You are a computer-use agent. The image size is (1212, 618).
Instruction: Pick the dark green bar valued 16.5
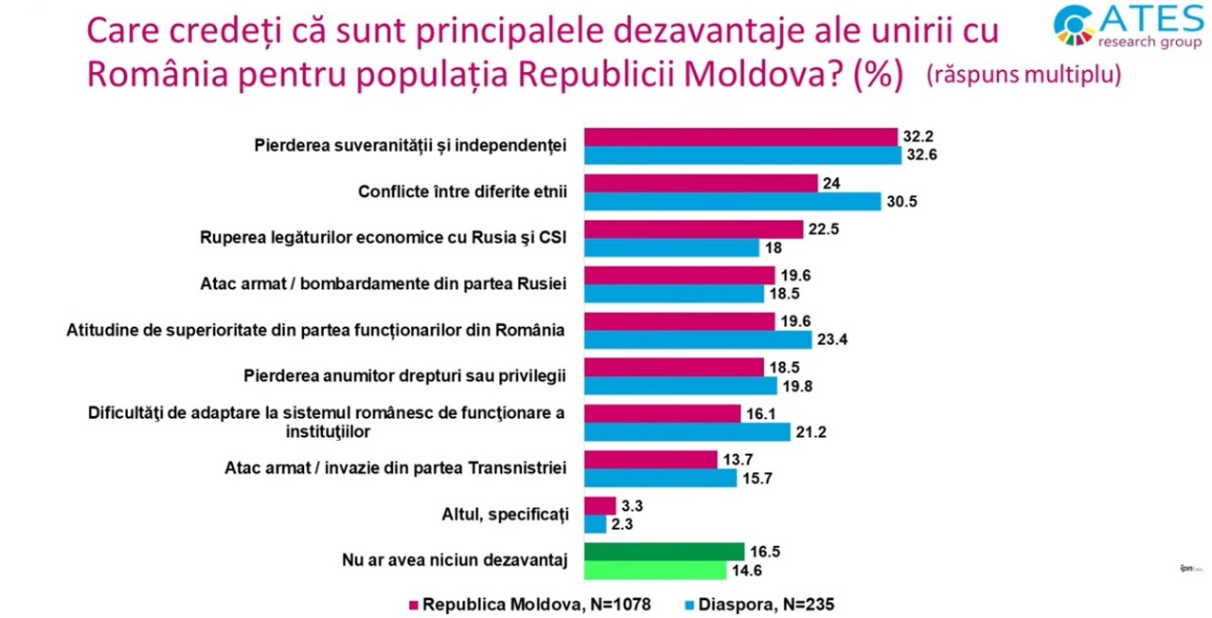pyautogui.click(x=664, y=552)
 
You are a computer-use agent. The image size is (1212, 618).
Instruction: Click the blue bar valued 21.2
pyautogui.click(x=686, y=431)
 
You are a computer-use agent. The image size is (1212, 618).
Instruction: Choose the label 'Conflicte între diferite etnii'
pyautogui.click(x=462, y=192)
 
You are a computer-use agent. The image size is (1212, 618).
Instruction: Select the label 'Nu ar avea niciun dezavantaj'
pyautogui.click(x=454, y=561)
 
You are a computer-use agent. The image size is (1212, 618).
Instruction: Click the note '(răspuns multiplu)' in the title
pyautogui.click(x=1024, y=75)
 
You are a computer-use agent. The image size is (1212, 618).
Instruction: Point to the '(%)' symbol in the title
pyautogui.click(x=878, y=75)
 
